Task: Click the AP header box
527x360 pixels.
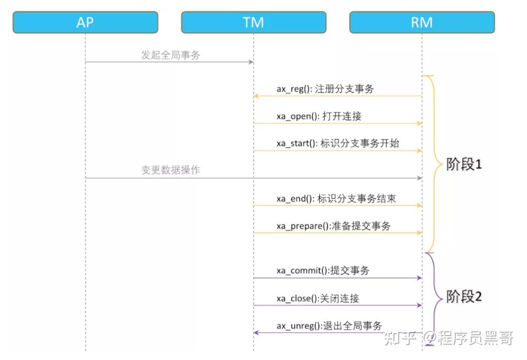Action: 85,22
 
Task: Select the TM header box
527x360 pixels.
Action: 254,22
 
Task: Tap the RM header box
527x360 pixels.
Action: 422,22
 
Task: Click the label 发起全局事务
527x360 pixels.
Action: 170,55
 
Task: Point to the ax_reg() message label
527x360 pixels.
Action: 325,89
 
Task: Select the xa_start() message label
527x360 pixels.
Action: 337,143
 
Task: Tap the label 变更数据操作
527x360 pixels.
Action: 170,170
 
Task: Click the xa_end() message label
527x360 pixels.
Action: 336,198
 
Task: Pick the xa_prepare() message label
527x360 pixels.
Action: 333,225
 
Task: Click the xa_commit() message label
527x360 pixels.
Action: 323,270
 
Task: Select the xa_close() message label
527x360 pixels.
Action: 318,298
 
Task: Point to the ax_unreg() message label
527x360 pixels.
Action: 329,326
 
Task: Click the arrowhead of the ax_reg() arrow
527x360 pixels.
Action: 256,96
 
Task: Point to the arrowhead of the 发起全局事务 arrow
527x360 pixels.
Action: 251,62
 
